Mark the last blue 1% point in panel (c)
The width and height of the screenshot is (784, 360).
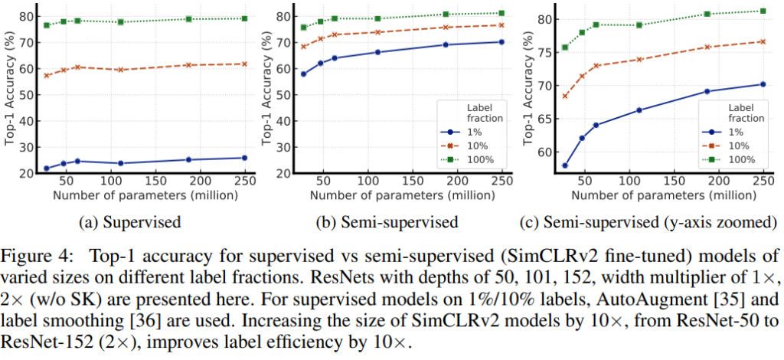[763, 84]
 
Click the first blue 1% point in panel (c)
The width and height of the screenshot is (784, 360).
[565, 165]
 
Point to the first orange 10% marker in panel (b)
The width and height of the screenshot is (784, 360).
[304, 46]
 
